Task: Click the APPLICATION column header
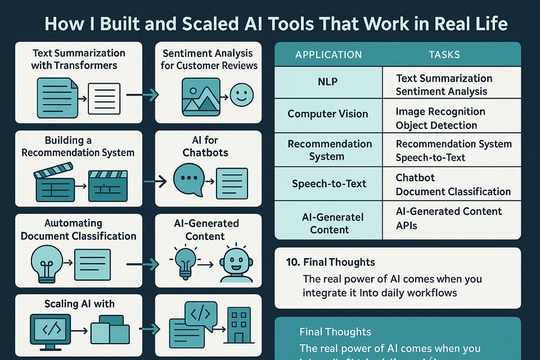pos(328,55)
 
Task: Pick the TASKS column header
pos(444,55)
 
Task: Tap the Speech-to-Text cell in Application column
pos(329,183)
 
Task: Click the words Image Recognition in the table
pos(440,111)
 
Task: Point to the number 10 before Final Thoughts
pos(293,262)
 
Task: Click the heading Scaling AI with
pos(79,304)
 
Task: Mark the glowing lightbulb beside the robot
pos(185,262)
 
